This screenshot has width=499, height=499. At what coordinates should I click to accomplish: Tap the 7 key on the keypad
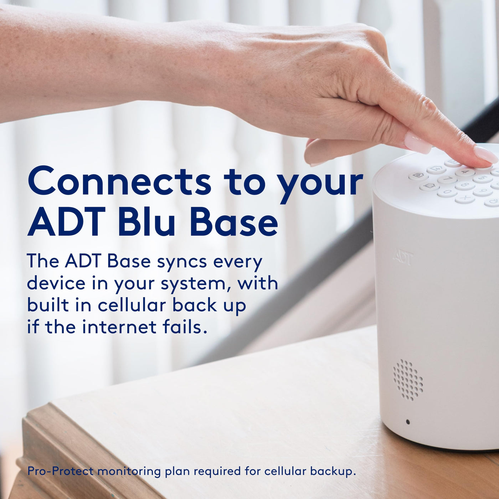pyautogui.click(x=448, y=179)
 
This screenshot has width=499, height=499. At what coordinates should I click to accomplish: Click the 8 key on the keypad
pyautogui.click(x=465, y=185)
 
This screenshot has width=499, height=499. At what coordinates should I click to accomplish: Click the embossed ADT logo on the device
pyautogui.click(x=403, y=257)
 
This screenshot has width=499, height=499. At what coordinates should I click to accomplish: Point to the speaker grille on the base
pyautogui.click(x=408, y=379)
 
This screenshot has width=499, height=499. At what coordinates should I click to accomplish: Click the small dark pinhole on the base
pyautogui.click(x=408, y=422)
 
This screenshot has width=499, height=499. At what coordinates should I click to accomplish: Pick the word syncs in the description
pyautogui.click(x=182, y=262)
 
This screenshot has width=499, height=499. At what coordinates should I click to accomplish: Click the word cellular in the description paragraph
pyautogui.click(x=132, y=305)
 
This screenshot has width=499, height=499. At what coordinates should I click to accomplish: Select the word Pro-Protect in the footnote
pyautogui.click(x=60, y=471)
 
